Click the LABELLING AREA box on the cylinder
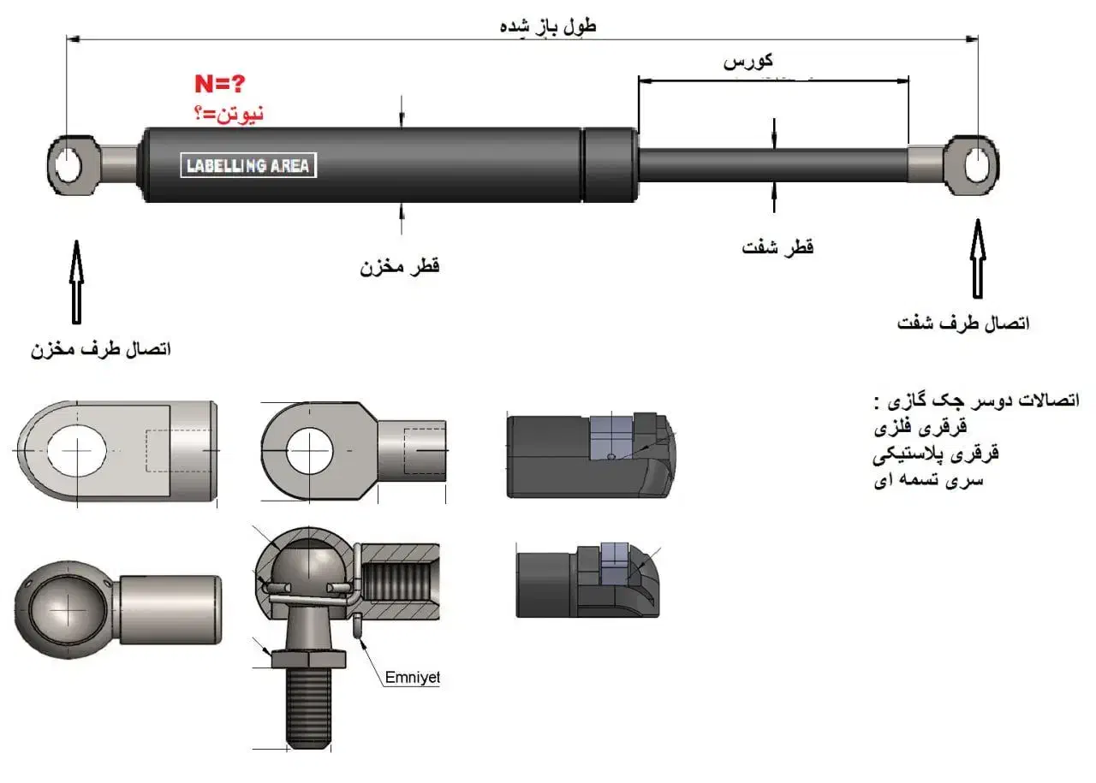pos(248,165)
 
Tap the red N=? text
pos(219,85)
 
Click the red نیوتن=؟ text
pos(227,113)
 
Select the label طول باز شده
pos(548,26)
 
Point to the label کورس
pos(749,61)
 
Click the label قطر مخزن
pos(399,266)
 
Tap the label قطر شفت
pos(777,247)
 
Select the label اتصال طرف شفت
pos(963,323)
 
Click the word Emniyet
pos(411,678)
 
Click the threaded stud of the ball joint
pos(307,707)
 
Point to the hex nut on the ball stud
pos(309,658)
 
